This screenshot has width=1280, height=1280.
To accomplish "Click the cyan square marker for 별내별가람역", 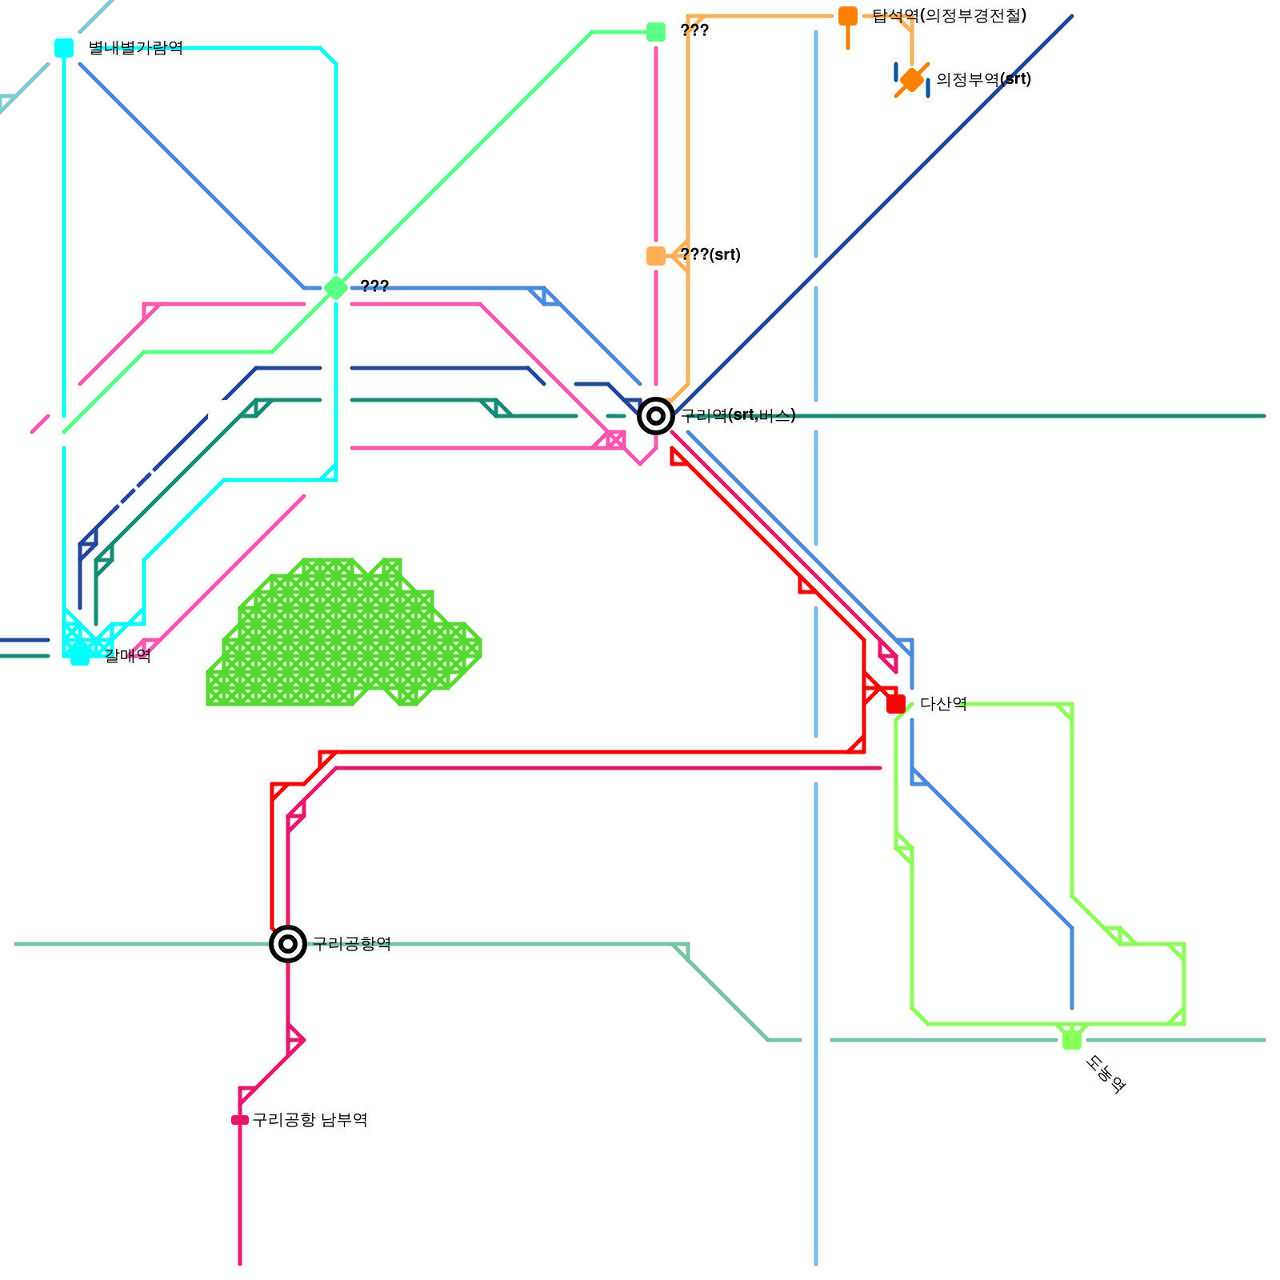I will (x=64, y=48).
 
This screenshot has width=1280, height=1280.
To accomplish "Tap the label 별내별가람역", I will (x=135, y=48).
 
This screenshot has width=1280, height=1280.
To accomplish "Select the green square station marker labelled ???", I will (x=656, y=32).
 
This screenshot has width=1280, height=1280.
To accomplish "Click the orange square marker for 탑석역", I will (x=848, y=16).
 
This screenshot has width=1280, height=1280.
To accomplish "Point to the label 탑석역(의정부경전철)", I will (x=950, y=16).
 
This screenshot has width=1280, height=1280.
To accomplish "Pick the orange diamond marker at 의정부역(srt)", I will (x=912, y=80).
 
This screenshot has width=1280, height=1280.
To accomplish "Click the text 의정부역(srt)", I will (x=983, y=80).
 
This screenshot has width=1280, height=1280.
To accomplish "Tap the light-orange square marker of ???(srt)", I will (x=656, y=256).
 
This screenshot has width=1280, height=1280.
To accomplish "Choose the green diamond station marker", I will (x=336, y=288).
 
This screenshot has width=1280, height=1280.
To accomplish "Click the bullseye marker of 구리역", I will (x=656, y=416).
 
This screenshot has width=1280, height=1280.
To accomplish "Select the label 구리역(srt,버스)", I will (x=738, y=416).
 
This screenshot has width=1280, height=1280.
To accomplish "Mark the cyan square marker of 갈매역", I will (x=80, y=656).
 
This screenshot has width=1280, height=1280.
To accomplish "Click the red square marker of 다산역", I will (x=896, y=704).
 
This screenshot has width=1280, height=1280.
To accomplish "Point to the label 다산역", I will (x=943, y=704).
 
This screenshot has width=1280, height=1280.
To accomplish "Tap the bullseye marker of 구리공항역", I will (x=288, y=944).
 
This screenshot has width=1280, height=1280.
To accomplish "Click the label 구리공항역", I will (x=351, y=944).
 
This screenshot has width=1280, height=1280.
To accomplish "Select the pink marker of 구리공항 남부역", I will (x=240, y=1120).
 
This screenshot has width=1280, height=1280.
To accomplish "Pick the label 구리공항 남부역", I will (x=310, y=1120).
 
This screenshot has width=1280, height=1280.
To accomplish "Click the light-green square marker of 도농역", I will (x=1072, y=1040).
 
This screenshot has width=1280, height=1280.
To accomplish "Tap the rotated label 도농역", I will (x=1106, y=1074).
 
